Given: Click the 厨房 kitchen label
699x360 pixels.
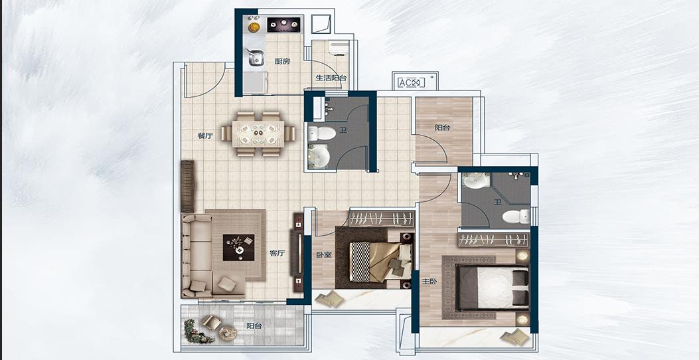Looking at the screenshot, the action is click(x=282, y=62).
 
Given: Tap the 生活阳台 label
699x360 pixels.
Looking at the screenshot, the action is click(x=331, y=78).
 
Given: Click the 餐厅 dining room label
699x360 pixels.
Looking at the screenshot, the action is click(x=204, y=135).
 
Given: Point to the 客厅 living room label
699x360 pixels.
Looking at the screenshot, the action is click(x=277, y=253).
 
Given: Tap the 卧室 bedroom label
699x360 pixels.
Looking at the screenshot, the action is click(x=324, y=255).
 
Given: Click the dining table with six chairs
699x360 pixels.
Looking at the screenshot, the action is click(x=258, y=134).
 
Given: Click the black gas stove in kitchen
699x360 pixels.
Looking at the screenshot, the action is click(x=283, y=25).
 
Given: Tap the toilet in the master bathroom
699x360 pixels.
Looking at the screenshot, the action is click(x=516, y=217).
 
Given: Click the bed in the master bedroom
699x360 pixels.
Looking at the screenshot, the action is click(x=492, y=287).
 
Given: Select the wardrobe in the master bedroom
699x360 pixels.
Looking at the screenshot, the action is click(x=493, y=240).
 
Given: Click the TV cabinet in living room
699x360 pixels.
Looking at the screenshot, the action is click(x=298, y=252).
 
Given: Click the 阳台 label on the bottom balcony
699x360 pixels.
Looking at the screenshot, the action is click(x=254, y=326).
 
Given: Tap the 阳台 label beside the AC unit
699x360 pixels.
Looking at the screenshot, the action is click(x=443, y=128).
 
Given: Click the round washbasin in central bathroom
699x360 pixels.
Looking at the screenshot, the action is click(x=319, y=156).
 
